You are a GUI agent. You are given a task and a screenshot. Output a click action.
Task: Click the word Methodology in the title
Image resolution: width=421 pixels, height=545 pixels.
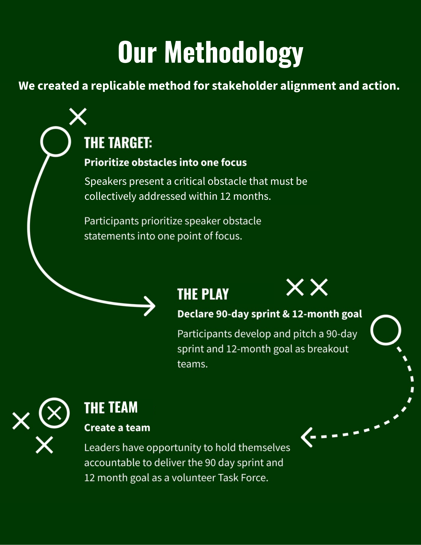pos(234,52)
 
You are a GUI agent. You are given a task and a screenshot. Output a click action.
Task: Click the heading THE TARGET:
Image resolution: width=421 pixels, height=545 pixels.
pos(118,143)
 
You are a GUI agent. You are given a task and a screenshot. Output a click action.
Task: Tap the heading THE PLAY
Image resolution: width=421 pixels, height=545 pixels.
pos(203,294)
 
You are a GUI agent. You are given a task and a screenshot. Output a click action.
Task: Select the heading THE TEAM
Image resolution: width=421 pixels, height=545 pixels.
pos(111,408)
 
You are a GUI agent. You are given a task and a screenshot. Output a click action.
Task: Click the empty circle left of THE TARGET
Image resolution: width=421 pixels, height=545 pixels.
pos(56,141)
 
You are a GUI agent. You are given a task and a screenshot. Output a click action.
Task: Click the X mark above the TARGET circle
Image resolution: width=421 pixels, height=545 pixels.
pos(78,117)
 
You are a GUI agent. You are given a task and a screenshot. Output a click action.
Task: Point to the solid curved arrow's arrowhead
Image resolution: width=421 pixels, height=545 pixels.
pos(150,306)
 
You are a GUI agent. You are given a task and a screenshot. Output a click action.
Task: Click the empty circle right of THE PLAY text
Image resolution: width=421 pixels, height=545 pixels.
pos(386,330)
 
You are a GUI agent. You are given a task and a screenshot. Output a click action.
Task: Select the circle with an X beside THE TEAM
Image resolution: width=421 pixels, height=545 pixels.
pos(54,413)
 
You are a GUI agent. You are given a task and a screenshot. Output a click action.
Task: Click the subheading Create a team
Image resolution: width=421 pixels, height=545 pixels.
pos(117,428)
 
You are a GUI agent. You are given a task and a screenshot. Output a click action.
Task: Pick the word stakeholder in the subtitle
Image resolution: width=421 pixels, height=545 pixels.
pos(244,86)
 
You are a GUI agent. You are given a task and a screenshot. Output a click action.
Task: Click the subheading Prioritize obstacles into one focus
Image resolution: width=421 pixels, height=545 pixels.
pos(165,162)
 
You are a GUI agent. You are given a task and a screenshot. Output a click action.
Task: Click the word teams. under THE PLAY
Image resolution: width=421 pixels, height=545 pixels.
pos(192,364)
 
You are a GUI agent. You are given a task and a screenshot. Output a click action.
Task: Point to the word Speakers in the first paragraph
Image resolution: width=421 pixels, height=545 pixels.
pos(105,181)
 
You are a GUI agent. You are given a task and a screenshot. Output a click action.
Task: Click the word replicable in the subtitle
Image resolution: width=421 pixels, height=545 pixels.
pos(118,86)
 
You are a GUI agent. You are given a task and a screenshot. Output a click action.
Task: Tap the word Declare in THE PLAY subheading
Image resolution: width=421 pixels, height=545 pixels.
pos(195,314)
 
